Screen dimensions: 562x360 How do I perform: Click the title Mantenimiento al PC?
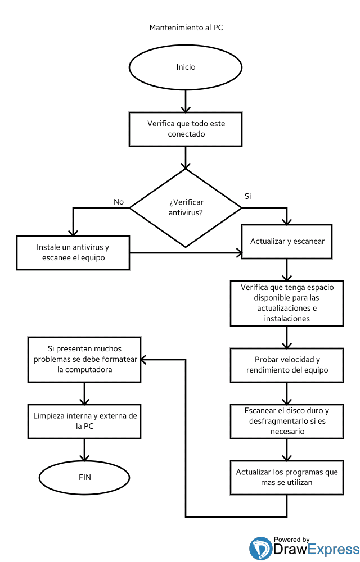click(186, 27)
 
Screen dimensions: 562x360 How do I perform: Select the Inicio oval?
click(186, 67)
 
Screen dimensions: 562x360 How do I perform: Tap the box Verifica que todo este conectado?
click(186, 129)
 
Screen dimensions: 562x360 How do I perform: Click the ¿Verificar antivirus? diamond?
click(186, 207)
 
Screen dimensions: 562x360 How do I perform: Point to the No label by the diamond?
click(119, 201)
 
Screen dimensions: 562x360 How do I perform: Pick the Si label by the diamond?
click(247, 196)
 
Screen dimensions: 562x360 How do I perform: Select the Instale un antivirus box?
click(73, 252)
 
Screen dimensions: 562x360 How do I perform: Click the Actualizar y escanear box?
click(287, 241)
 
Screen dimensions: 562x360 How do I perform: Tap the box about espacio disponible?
click(287, 303)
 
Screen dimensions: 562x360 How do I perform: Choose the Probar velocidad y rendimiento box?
click(287, 365)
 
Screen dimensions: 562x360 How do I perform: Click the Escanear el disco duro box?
click(287, 421)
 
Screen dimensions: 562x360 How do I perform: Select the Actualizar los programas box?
click(287, 477)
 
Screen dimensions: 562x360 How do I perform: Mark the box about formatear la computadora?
click(84, 359)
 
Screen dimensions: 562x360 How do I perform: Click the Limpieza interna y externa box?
click(84, 421)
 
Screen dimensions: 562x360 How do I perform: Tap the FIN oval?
click(84, 477)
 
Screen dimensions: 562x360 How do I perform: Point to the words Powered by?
click(291, 539)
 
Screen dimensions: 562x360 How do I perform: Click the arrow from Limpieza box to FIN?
click(84, 449)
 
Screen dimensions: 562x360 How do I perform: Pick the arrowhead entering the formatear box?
click(145, 359)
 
